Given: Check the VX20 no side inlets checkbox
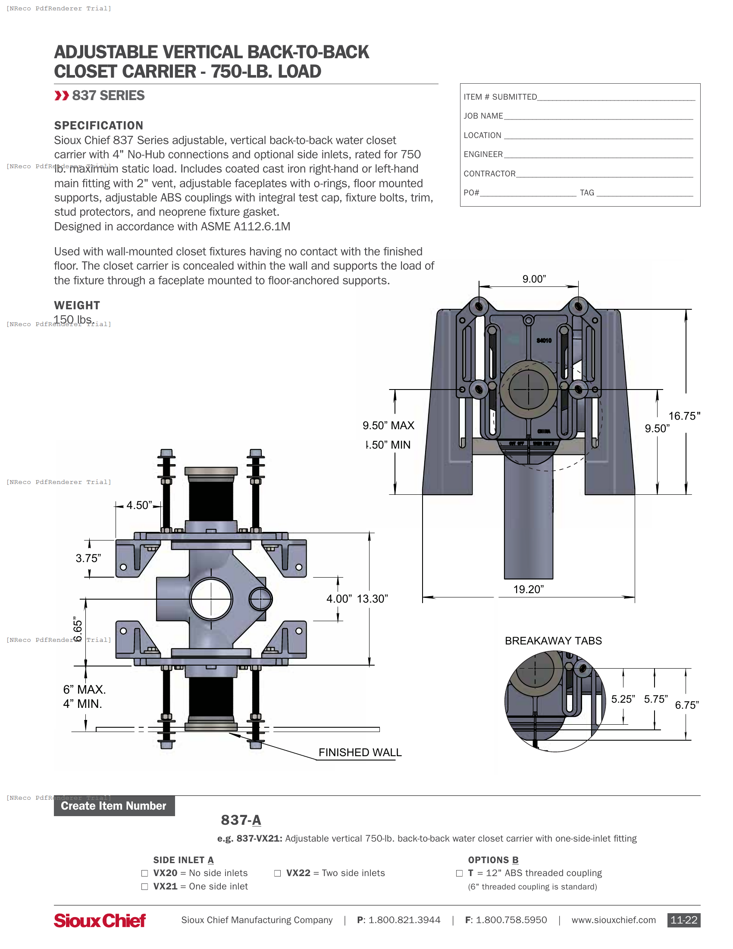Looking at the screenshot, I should [144, 874].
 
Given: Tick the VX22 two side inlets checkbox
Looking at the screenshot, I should [278, 874].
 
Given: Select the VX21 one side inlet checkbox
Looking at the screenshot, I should [144, 887].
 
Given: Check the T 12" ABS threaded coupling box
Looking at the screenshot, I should [460, 874].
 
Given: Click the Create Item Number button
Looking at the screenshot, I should [114, 806].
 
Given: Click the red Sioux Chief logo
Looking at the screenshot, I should [100, 921].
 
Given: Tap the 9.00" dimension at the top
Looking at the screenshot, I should [534, 279].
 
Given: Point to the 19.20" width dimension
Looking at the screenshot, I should [528, 589].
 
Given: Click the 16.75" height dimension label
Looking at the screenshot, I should [684, 416].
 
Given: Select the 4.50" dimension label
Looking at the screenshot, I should [139, 506].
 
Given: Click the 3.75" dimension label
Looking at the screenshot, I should [88, 558].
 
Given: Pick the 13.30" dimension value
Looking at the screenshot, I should [372, 599].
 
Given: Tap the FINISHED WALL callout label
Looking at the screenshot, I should [360, 752].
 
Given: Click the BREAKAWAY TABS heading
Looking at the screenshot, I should [553, 641].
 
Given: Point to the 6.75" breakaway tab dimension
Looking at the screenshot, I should [686, 705].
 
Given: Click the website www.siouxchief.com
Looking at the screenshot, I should [613, 920].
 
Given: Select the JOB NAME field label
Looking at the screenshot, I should [483, 116].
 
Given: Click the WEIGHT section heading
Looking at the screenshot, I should [77, 305].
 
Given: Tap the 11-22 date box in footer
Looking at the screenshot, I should [683, 920].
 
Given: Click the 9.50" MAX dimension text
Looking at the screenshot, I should [388, 425].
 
